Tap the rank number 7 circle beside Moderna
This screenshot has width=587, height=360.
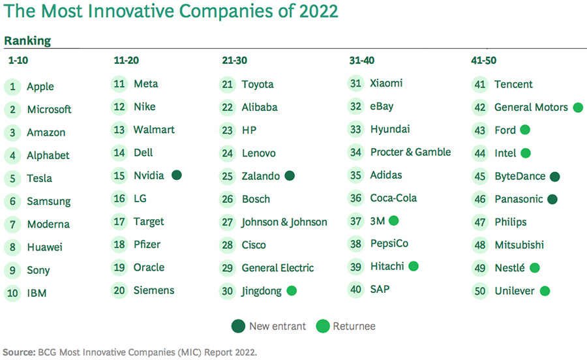coord(12,224)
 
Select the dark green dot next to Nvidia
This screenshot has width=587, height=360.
coord(177,175)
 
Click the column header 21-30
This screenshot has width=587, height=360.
coord(234,60)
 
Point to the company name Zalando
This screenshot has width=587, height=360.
coord(260,176)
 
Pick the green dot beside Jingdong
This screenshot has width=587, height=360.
coord(292,291)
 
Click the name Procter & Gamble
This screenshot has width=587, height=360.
coord(410,152)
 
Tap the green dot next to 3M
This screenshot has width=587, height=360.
coord(393,220)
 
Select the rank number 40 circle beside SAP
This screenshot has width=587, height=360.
coord(355,290)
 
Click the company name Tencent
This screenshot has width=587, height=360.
coord(513,84)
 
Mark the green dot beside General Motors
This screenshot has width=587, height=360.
coord(577,108)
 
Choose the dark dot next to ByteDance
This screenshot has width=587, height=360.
coord(554,176)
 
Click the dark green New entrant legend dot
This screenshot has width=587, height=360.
coord(237,325)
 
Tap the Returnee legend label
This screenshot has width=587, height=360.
coord(354,326)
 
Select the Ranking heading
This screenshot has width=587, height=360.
coord(27,40)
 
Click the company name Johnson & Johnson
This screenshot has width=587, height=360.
coord(284,222)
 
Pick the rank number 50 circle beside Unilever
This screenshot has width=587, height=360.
coord(481,291)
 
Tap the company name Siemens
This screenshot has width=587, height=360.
coord(154,290)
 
